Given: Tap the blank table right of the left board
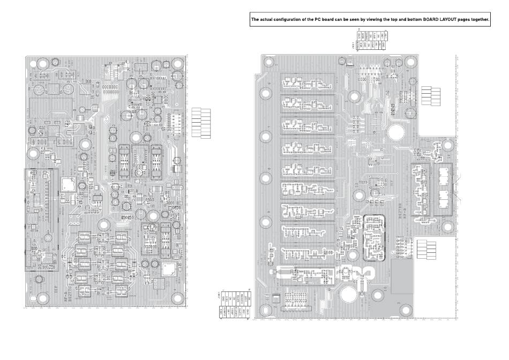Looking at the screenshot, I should (201, 123).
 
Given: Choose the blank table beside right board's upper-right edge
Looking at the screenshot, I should (430, 95).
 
